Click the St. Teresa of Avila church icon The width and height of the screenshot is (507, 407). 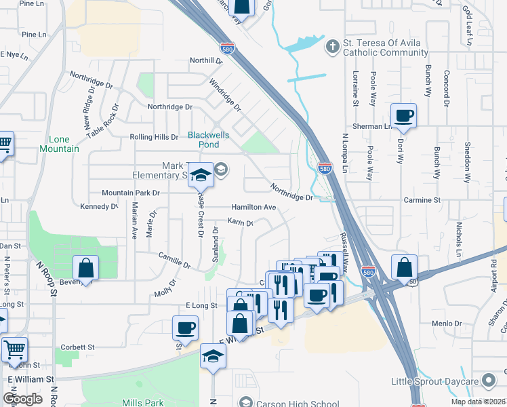coord(332,46)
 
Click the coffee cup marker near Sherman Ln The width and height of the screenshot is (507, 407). coord(404,116)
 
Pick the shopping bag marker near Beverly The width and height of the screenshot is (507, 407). coord(86,268)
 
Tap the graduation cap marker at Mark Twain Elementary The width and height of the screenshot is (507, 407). coord(201,176)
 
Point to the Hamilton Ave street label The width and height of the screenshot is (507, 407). coord(254,207)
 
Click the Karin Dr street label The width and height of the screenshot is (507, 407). coord(240,222)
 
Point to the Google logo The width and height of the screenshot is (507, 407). coord(22,399)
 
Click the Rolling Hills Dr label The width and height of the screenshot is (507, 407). coord(154,137)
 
